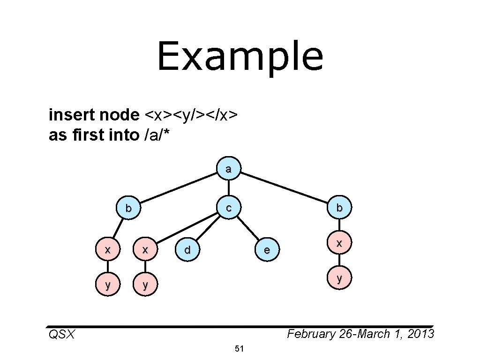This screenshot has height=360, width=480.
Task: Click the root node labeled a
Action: pos(228,169)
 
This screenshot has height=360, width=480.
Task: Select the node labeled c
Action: pos(228,207)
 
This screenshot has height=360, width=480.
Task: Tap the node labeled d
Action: pos(187,250)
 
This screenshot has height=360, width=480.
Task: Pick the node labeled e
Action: pos(267,250)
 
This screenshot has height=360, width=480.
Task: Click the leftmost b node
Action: pos(128,208)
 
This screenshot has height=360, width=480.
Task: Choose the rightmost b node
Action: pos(339,207)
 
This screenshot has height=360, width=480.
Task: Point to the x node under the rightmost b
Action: pos(339,243)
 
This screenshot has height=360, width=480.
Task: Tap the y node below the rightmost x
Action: pos(339,278)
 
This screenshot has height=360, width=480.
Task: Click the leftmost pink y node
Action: pos(108,284)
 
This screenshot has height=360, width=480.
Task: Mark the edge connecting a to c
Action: pos(228,188)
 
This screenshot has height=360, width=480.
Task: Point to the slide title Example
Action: pos(240,56)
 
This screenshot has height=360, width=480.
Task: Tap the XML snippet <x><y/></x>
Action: pos(193,114)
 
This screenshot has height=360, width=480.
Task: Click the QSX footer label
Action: pos(61,335)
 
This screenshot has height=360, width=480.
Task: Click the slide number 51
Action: pos(240,349)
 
